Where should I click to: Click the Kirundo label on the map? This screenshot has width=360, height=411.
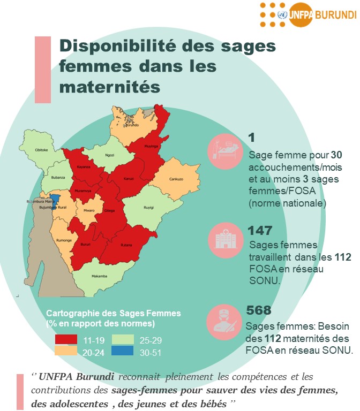(x=133, y=125)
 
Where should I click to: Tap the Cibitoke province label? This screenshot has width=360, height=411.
(x=41, y=150)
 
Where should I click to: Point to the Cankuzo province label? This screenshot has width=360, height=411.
(x=176, y=179)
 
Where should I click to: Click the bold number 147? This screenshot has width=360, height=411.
(x=260, y=231)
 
